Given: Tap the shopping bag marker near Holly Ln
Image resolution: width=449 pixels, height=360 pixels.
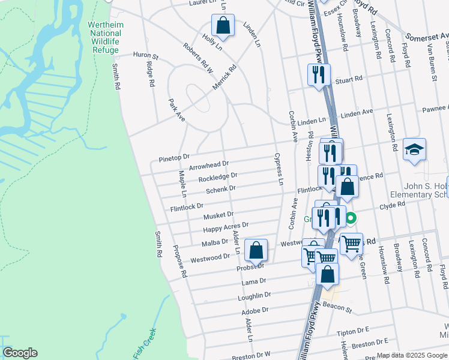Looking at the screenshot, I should click(x=223, y=26).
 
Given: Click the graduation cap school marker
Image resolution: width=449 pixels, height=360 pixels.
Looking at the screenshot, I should click(x=414, y=150).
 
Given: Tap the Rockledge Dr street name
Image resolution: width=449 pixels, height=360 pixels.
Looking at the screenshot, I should click(x=218, y=178).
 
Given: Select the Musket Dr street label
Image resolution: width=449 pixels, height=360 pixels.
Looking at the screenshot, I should click(x=218, y=215).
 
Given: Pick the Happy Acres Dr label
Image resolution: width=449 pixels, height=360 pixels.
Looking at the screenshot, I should click(x=226, y=227).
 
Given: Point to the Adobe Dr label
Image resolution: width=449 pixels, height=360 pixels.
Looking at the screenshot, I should click(x=255, y=311).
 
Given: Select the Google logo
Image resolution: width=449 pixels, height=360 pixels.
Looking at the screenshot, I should click(x=20, y=353).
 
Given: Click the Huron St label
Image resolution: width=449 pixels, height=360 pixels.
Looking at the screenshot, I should click(x=145, y=56).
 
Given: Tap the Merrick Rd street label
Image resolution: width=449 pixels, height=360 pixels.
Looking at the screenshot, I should click(x=224, y=78).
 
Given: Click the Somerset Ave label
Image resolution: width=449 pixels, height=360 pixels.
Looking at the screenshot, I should click(x=427, y=36).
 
